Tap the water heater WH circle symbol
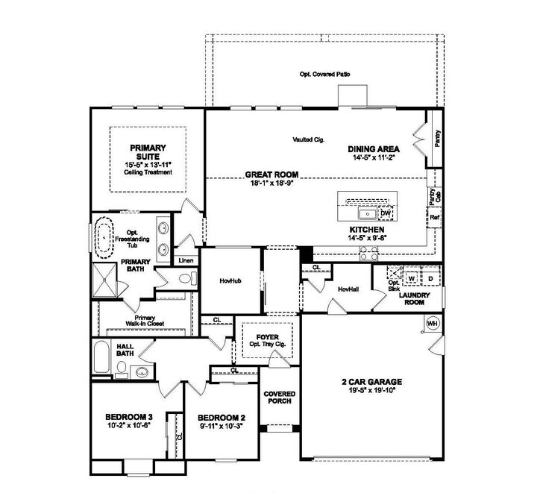click(432, 324)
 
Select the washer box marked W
click(411, 278)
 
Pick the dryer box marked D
click(430, 278)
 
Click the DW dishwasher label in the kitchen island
click(386, 213)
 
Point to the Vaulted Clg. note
click(307, 139)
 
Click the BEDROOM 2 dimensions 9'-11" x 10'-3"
click(222, 426)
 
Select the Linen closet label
click(186, 260)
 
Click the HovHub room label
click(230, 282)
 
